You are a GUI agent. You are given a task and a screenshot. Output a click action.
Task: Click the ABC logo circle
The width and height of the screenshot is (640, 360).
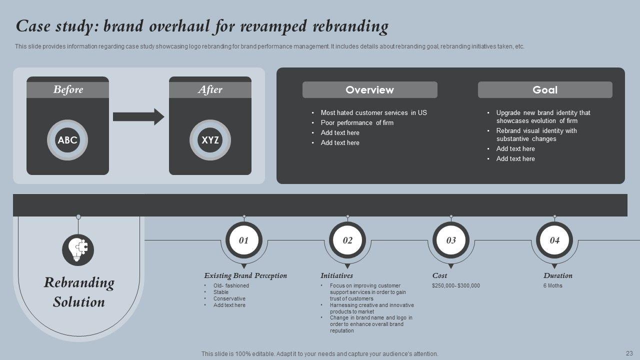(67, 140)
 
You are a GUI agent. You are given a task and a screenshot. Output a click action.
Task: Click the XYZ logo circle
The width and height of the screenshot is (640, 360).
(210, 140)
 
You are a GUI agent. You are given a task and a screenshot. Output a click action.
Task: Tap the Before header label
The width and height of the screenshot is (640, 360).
(67, 90)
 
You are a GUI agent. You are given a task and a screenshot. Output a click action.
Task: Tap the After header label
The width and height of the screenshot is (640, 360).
(210, 90)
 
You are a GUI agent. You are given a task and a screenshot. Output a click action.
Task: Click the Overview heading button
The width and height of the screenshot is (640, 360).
(369, 90)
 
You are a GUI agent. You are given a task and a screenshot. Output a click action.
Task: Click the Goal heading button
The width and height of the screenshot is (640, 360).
(544, 90)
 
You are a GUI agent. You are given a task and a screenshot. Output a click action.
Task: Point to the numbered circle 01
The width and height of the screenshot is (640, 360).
(244, 240)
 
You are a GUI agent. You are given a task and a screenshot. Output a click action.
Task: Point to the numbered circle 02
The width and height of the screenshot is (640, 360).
(347, 240)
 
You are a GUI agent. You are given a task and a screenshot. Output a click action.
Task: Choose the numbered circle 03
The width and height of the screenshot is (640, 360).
(451, 240)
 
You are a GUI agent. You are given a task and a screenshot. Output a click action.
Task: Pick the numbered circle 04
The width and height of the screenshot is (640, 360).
(554, 240)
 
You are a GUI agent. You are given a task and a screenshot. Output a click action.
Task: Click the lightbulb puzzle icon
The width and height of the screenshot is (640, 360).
(78, 250)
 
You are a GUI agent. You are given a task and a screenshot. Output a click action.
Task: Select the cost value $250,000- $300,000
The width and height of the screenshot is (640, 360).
(455, 286)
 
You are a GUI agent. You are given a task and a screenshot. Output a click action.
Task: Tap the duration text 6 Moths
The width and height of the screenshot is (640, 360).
(552, 286)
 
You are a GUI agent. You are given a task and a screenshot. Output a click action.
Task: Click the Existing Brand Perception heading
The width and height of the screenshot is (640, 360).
(245, 275)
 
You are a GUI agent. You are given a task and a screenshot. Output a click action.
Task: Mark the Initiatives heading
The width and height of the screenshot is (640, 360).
(336, 275)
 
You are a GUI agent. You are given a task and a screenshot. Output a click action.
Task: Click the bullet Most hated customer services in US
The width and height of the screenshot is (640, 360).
(373, 113)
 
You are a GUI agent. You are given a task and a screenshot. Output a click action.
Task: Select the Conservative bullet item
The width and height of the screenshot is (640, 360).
(229, 298)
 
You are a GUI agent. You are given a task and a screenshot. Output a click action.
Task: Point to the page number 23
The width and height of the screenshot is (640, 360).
(629, 352)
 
